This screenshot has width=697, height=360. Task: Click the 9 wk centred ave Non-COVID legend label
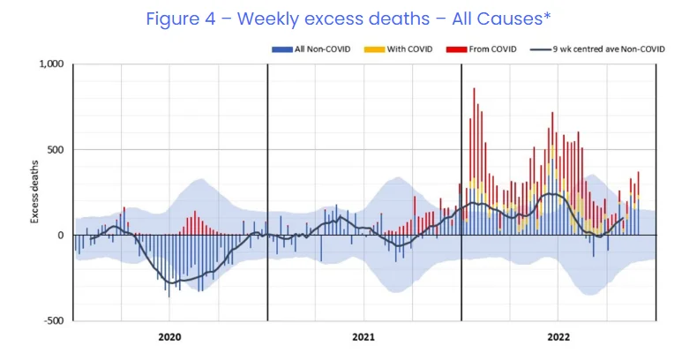point(609,49)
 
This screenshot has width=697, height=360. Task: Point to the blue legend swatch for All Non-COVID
point(277,49)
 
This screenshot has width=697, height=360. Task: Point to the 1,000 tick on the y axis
point(52,64)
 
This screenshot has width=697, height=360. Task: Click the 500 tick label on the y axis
point(56,150)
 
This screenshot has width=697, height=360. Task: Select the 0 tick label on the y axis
point(62,236)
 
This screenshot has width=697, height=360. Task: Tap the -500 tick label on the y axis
point(54,321)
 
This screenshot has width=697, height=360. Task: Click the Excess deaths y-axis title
point(36,192)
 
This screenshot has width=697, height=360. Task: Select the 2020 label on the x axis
point(169,337)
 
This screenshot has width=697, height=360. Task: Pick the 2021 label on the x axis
point(363,337)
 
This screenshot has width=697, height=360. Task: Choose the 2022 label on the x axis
point(558,337)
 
